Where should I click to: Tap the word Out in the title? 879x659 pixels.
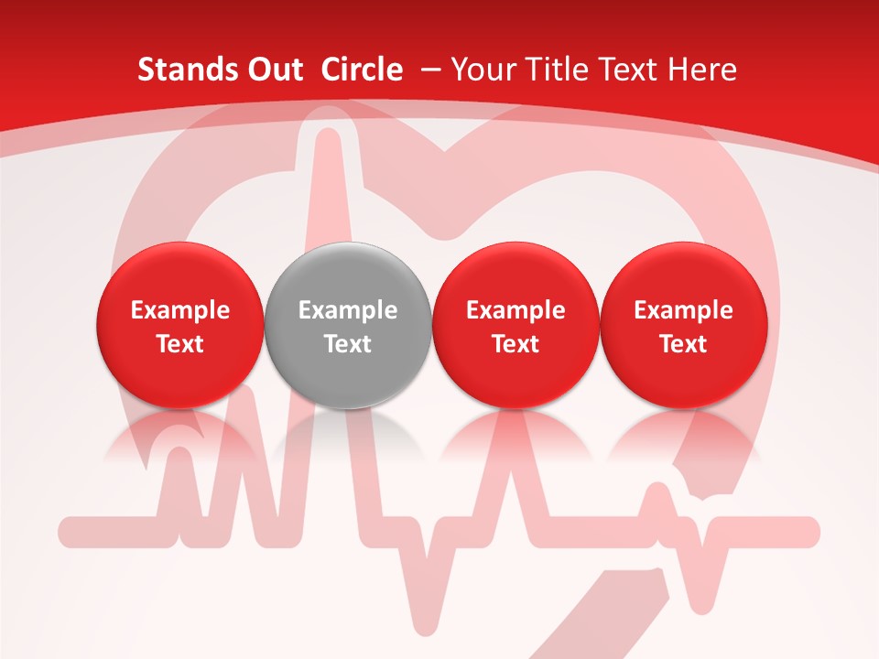pos(273,70)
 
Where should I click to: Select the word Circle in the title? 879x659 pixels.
pos(362,70)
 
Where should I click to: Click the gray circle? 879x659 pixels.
pos(347,325)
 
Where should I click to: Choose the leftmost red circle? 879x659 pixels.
pos(179,325)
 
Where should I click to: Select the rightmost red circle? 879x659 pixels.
pos(683,325)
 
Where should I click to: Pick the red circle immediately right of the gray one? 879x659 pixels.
pos(515,325)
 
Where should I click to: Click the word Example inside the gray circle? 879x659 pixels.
pos(347,310)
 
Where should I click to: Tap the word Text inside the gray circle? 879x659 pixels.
pos(347,344)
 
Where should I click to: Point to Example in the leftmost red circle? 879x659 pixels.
pos(179,310)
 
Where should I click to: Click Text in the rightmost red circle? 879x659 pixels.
pos(683,344)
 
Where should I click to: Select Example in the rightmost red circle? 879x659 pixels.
pos(683,310)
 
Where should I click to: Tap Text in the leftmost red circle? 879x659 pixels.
pos(179,344)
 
